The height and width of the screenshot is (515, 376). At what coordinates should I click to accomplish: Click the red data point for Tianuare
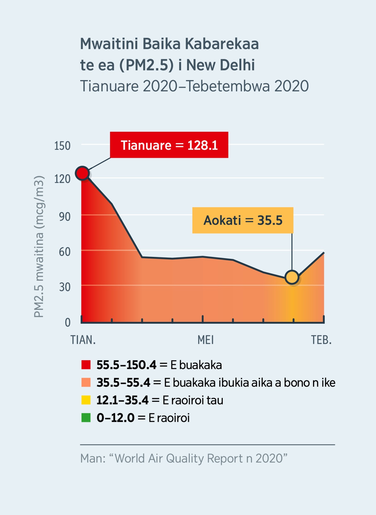[x=82, y=173]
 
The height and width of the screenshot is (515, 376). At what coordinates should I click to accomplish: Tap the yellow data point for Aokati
[x=292, y=277]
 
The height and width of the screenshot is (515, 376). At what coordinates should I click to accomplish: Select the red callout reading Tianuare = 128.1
[x=169, y=145]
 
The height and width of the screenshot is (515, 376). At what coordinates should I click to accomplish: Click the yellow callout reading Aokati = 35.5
[x=243, y=220]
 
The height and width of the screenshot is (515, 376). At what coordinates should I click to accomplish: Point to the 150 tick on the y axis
[x=62, y=146]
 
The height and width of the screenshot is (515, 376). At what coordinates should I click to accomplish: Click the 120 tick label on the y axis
[x=62, y=179]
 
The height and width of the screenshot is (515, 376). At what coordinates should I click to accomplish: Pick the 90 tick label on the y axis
[x=65, y=217]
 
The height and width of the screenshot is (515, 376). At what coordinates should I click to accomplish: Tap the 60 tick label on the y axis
[x=65, y=252]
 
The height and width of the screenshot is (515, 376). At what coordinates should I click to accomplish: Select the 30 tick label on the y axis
[x=65, y=287]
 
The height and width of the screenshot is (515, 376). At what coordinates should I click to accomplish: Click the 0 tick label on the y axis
[x=68, y=322]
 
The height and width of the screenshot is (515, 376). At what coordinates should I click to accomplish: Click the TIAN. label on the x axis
[x=83, y=340]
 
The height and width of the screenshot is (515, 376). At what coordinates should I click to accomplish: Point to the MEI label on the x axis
[x=206, y=340]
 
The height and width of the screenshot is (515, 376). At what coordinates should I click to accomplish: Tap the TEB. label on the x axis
[x=321, y=340]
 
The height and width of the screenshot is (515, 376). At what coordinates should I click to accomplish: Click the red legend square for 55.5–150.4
[x=86, y=365]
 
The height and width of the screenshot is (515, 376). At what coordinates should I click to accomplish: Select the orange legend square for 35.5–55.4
[x=86, y=382]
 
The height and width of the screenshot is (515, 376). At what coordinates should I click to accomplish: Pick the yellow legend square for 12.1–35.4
[x=86, y=400]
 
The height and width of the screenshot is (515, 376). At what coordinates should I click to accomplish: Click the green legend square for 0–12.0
[x=86, y=418]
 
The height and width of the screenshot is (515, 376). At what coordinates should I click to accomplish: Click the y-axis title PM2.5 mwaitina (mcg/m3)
[x=39, y=247]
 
